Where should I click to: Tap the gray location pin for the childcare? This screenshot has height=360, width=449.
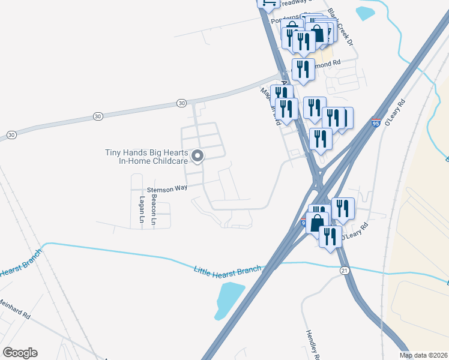tap(198, 157)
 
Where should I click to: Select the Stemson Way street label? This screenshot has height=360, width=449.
tap(168, 188)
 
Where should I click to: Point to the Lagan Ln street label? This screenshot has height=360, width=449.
tap(142, 206)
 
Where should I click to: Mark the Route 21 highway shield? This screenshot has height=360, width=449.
tap(343, 271)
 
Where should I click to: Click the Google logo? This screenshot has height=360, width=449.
tap(20, 353)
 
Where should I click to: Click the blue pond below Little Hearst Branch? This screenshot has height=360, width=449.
tap(229, 299)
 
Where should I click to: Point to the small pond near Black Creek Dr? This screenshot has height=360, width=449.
tap(366, 13)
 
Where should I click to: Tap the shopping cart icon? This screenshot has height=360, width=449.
tap(267, 3)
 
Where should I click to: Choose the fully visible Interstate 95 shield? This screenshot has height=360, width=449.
tap(376, 122)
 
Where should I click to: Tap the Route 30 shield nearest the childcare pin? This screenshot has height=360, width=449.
tap(181, 103)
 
